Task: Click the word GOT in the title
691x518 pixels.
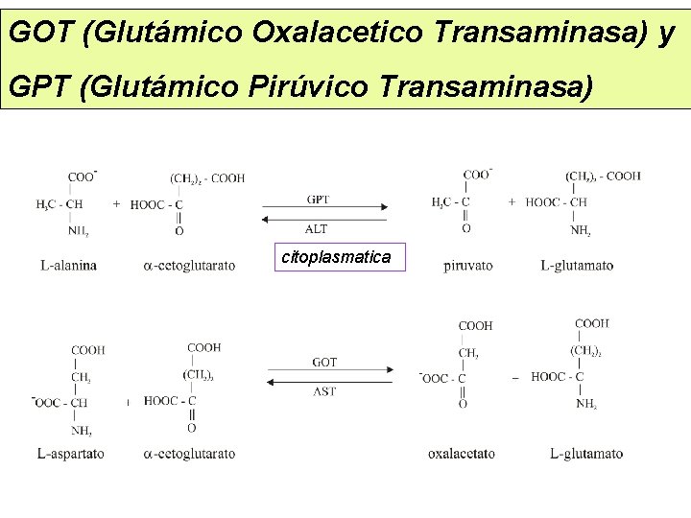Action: (x=41, y=34)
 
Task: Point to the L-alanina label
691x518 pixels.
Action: (x=68, y=265)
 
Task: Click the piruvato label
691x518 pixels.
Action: (x=469, y=265)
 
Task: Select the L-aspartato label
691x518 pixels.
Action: (x=71, y=453)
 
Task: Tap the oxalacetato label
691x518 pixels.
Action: (x=461, y=453)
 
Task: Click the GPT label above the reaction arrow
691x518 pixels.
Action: (x=319, y=200)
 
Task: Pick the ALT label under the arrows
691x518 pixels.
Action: (x=317, y=228)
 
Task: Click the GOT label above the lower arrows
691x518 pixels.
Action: (x=324, y=362)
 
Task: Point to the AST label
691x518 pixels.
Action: (x=324, y=391)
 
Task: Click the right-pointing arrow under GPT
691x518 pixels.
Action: (x=325, y=208)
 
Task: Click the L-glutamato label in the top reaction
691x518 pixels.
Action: (x=577, y=265)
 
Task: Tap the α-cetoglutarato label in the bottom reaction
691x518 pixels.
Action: (x=188, y=453)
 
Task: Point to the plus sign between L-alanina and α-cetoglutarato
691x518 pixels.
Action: (x=116, y=203)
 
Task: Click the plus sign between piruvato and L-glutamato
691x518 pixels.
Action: (x=512, y=202)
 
